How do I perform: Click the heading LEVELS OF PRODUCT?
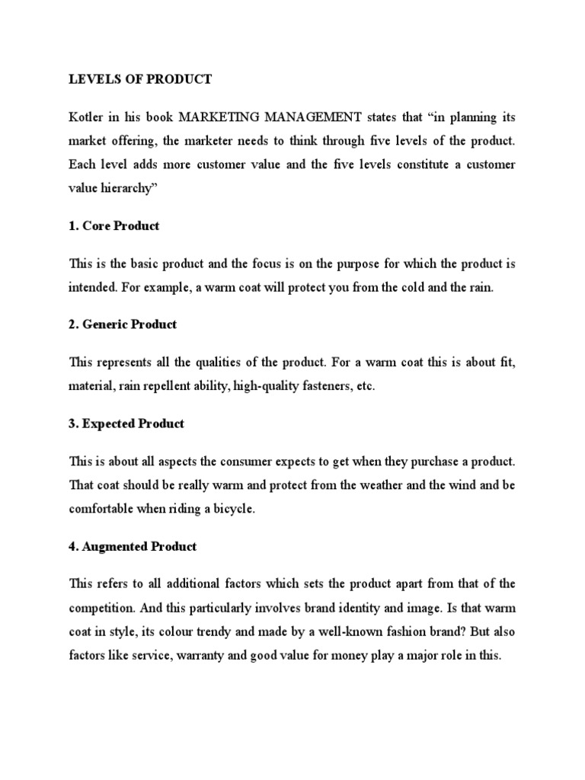click(x=130, y=78)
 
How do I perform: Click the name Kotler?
click(x=85, y=119)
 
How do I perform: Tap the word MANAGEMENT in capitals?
click(x=309, y=119)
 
